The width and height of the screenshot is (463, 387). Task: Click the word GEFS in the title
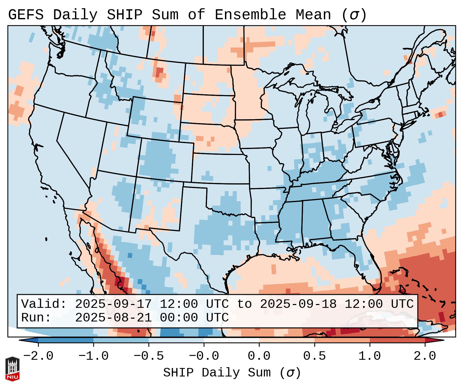pos(26,15)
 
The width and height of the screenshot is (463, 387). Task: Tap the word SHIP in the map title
pos(124,15)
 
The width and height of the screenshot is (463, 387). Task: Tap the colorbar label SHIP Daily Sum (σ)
pos(232,373)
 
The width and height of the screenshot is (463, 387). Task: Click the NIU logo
pos(12,369)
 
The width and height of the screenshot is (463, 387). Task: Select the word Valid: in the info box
pos(44,304)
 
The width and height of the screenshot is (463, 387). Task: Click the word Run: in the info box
pos(36,318)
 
